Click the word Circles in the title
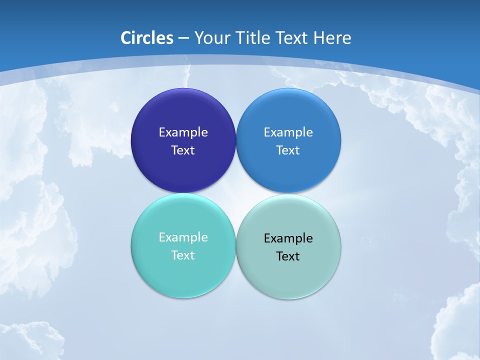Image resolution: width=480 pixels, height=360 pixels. pos(147,38)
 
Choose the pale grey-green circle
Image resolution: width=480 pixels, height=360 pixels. pos(288,277)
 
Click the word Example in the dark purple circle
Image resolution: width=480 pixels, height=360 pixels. pos(183,132)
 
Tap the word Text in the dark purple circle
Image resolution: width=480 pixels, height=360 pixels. pos(183,150)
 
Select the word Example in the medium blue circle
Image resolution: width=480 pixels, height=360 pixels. pos(288,132)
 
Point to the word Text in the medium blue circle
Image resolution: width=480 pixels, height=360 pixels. pos(288,150)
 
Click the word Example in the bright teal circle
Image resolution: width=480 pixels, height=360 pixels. pos(183,237)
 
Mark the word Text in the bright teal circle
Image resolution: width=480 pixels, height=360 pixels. pos(183,255)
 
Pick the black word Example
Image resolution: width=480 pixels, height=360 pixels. pos(288,238)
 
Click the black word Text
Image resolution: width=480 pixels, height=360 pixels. pos(288,256)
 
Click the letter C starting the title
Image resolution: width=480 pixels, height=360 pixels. pos(126,38)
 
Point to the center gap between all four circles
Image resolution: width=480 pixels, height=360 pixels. pos(236,193)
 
